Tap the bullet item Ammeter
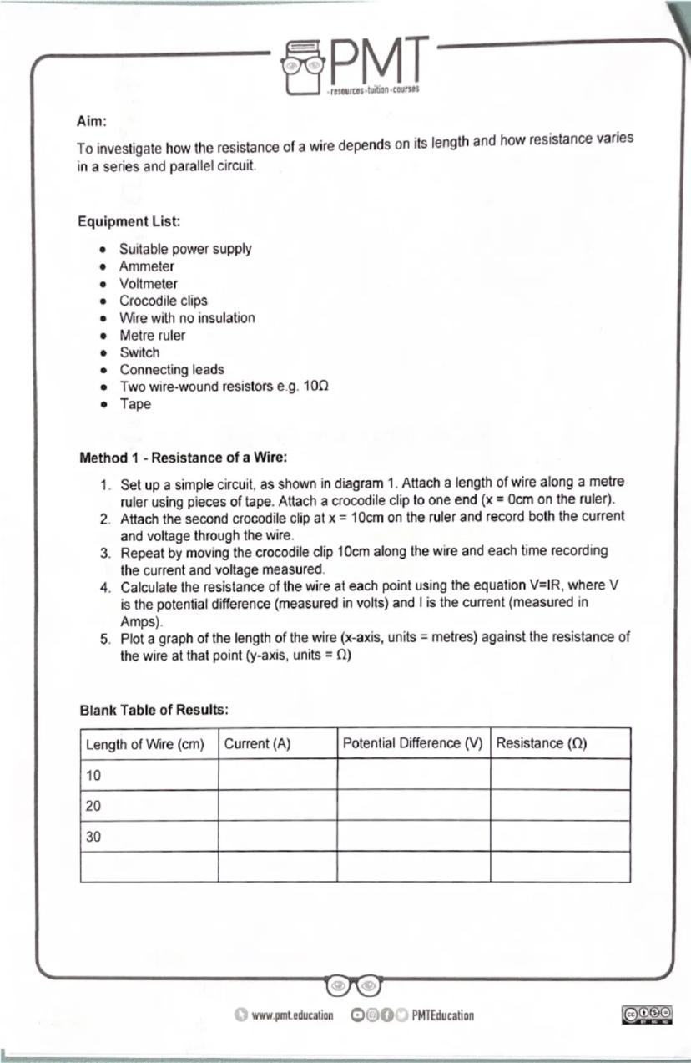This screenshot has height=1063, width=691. (147, 266)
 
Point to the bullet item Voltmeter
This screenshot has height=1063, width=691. (149, 284)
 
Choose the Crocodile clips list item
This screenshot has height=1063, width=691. (164, 301)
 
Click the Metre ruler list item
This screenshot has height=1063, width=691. (153, 335)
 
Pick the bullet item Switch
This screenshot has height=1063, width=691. (139, 352)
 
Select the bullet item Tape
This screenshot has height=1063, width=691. (135, 404)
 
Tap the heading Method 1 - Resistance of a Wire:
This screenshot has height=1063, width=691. (184, 458)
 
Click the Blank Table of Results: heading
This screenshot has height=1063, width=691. (154, 710)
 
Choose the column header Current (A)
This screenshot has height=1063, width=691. (257, 743)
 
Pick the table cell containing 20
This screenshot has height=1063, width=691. (94, 806)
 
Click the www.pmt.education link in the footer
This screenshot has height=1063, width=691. (292, 1015)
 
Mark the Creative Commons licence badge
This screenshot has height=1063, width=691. (647, 1014)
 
